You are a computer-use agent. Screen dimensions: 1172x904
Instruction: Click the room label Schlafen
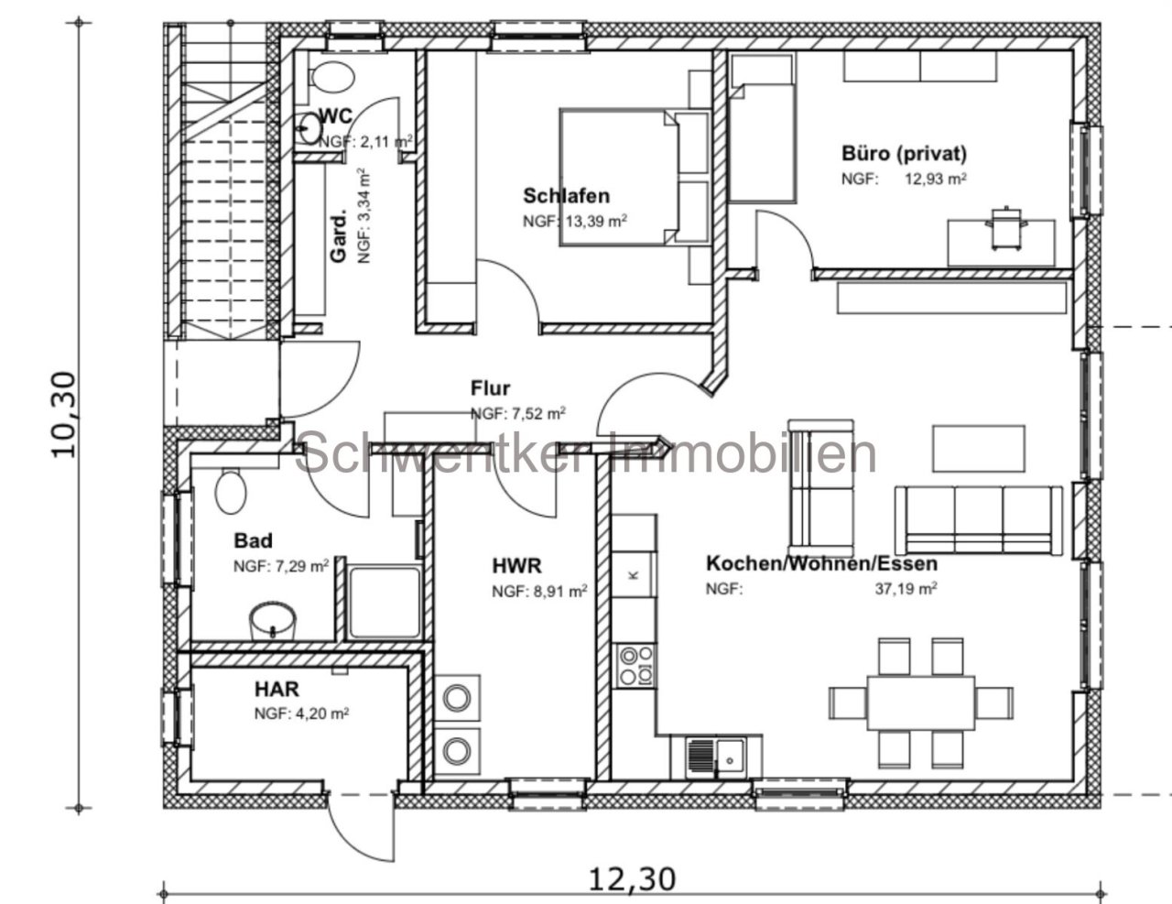pos(566,196)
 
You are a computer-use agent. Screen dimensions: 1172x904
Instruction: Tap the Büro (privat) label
pos(904,154)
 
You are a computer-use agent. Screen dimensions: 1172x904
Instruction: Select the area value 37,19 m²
pos(906,588)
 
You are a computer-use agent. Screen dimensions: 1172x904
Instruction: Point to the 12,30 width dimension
pos(631,879)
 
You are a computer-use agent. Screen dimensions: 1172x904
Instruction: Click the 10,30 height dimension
pos(64,415)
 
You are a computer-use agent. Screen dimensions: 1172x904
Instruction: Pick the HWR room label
pos(516,566)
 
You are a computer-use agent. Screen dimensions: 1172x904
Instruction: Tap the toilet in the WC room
pos(329,76)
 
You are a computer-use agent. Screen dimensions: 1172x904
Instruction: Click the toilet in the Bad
pos(231,490)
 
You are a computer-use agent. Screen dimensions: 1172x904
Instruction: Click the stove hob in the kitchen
pos(635,666)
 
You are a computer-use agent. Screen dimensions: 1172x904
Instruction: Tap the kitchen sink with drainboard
pos(716,757)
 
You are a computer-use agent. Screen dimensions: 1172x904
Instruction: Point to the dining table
pos(921,703)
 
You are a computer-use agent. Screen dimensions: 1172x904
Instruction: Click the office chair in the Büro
pos(1005,227)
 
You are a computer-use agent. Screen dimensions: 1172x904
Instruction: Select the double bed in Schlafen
pos(634,177)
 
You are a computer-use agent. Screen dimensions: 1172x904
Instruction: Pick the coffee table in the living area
pos(979,448)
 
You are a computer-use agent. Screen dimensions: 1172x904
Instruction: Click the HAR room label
pos(277,689)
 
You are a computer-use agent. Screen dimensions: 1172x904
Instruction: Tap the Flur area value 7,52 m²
pos(518,414)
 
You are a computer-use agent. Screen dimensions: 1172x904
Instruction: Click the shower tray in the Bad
pos(384,602)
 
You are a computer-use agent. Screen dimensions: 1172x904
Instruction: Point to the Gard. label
pos(339,238)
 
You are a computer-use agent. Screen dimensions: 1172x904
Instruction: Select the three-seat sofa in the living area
pos(979,520)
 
